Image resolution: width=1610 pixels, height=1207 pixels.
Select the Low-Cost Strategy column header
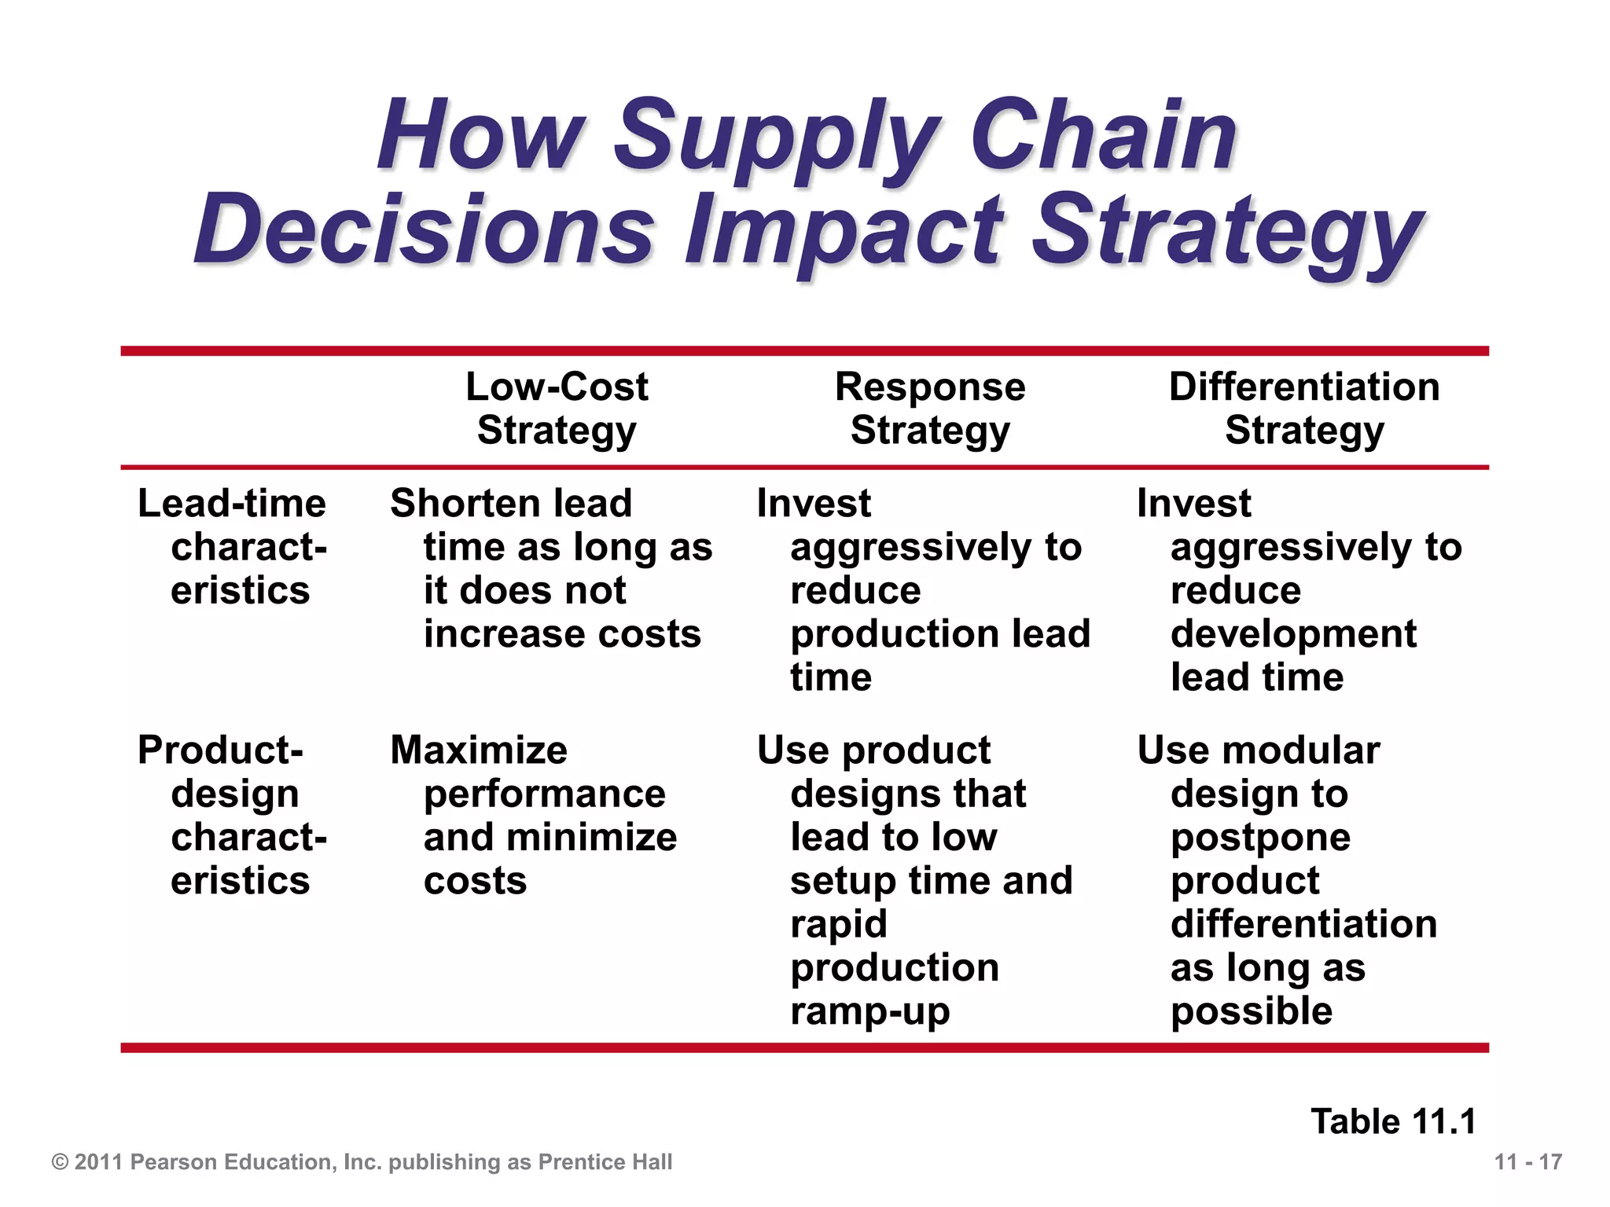557,409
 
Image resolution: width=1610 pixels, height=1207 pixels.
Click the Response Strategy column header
930,409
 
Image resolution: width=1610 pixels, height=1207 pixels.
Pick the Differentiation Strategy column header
1304,409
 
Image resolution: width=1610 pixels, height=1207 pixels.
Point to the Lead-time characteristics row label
233,547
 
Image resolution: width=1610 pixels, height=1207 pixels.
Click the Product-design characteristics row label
233,815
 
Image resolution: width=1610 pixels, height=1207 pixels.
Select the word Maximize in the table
479,750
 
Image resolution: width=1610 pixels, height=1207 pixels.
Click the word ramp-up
870,1012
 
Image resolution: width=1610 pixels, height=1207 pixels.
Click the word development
1293,635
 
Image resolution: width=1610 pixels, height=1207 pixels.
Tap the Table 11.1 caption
1393,1121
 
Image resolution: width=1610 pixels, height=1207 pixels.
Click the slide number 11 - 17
1527,1162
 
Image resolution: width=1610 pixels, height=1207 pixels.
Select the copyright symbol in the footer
60,1162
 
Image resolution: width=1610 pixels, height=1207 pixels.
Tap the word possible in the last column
1252,1012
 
